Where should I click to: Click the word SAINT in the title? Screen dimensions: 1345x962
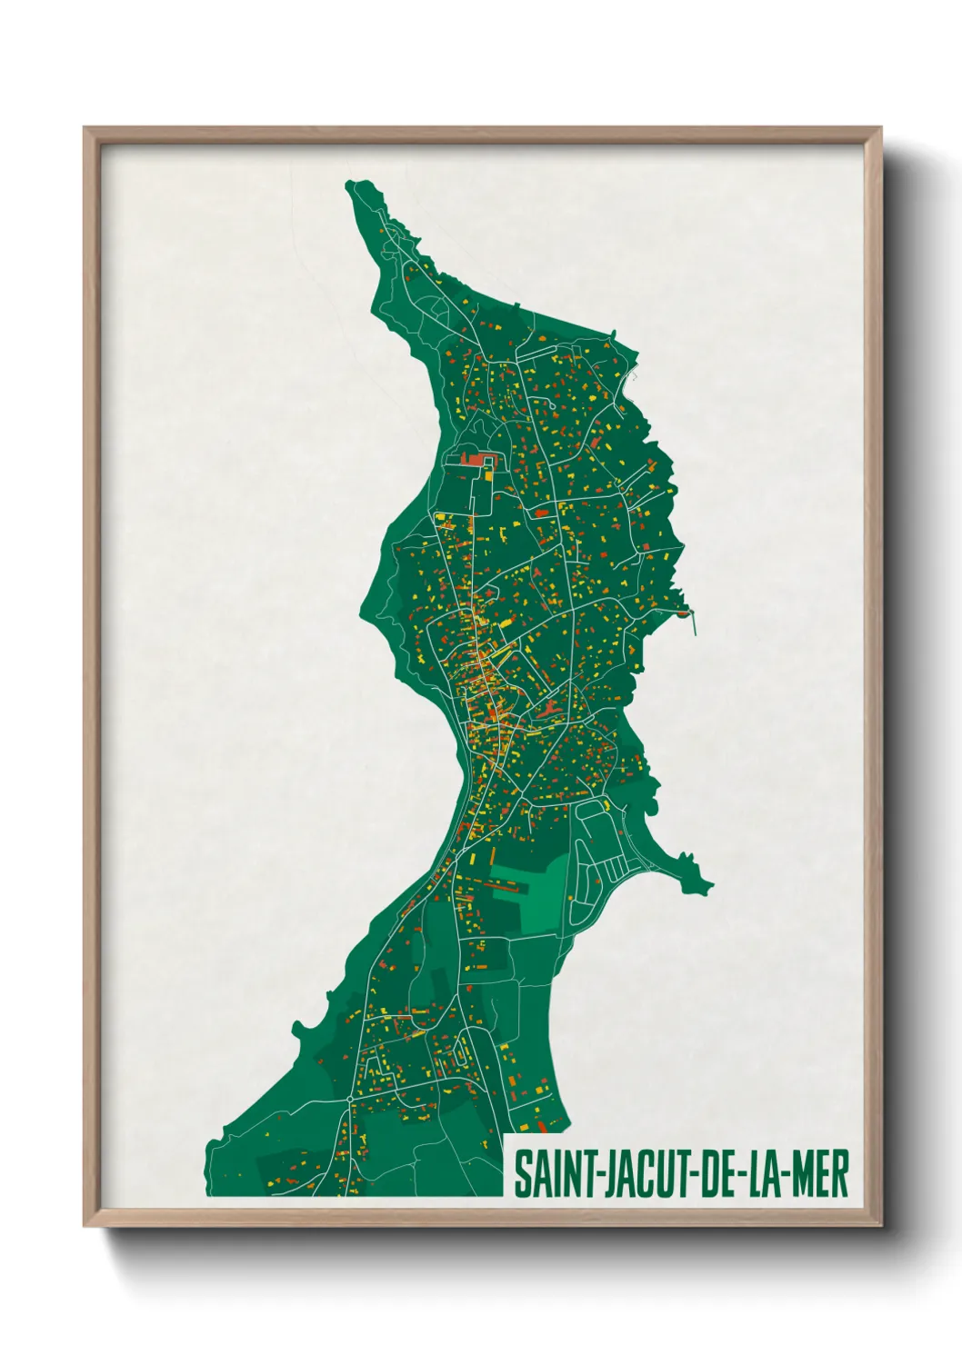pyautogui.click(x=552, y=1175)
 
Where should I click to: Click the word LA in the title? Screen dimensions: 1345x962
pyautogui.click(x=764, y=1175)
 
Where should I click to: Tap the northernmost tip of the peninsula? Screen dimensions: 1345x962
pyautogui.click(x=352, y=185)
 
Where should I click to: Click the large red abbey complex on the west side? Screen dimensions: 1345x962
pyautogui.click(x=475, y=459)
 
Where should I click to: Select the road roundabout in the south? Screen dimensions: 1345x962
pyautogui.click(x=350, y=1100)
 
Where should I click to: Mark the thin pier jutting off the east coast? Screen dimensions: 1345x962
pyautogui.click(x=693, y=623)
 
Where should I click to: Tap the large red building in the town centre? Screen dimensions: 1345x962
pyautogui.click(x=546, y=708)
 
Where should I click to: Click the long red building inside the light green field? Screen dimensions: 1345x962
pyautogui.click(x=508, y=881)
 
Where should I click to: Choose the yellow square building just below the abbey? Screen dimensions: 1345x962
pyautogui.click(x=489, y=473)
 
